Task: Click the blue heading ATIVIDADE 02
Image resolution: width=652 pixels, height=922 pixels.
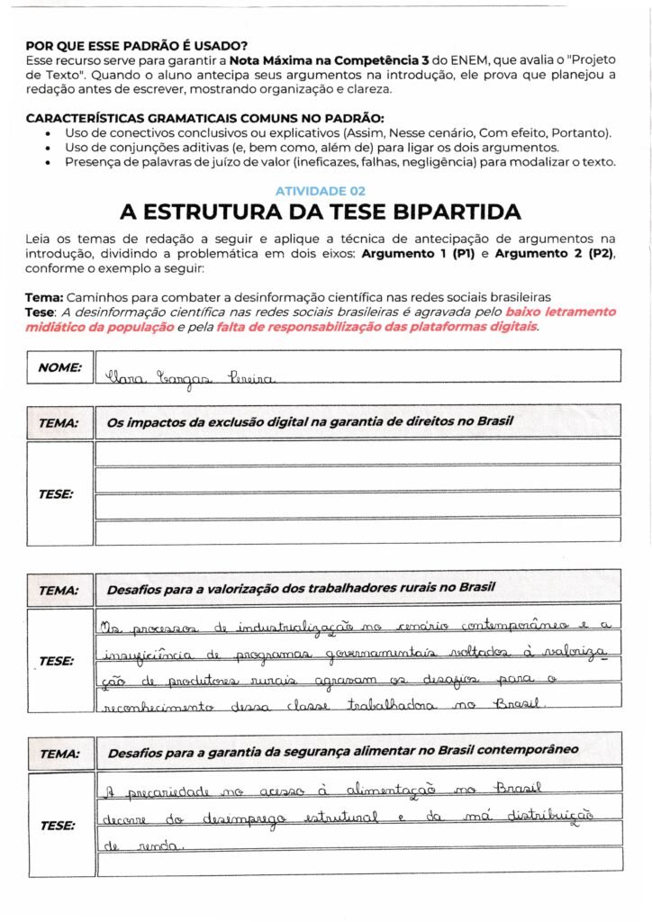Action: click(320, 191)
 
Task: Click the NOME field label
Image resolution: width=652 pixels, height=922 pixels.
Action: click(59, 367)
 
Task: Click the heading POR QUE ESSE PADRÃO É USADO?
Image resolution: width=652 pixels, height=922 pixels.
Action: click(137, 45)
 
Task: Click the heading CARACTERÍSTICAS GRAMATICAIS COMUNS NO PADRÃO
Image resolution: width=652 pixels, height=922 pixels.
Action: click(204, 119)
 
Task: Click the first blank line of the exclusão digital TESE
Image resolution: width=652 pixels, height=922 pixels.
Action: click(358, 453)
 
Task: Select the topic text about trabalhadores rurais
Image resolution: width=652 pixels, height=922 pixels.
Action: click(301, 589)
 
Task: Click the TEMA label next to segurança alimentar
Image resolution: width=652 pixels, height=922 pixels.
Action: click(59, 753)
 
